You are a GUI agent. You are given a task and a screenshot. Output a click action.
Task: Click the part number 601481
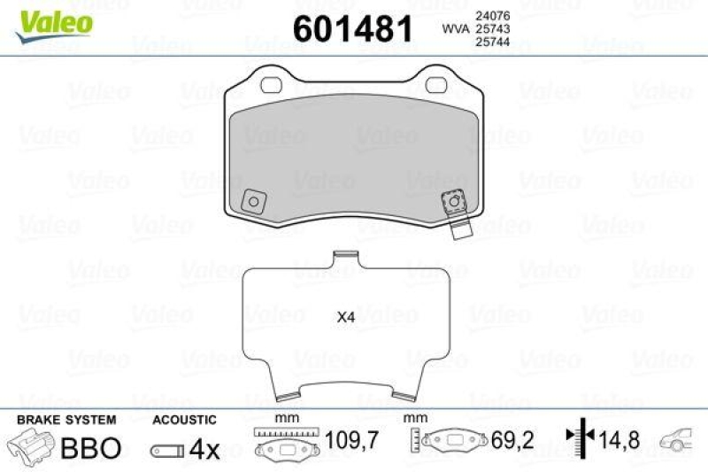point(352,30)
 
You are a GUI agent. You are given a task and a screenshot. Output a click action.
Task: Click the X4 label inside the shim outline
point(345,317)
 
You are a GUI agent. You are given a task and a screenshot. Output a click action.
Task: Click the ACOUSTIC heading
point(184,419)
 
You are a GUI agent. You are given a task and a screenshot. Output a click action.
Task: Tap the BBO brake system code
point(89,448)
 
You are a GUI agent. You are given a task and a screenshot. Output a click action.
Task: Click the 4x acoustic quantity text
point(204,449)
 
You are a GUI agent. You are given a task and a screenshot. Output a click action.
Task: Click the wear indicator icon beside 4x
point(167,450)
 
